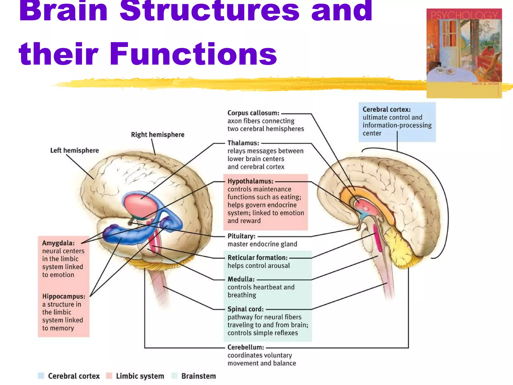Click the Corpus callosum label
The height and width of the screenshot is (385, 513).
(x=253, y=113)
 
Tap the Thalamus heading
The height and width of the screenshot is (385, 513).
(x=243, y=143)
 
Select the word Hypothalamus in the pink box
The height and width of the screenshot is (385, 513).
(x=250, y=181)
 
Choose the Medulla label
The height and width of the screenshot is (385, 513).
(x=241, y=279)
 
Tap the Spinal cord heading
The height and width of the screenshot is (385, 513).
(x=245, y=309)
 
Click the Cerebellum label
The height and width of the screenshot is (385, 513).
(x=246, y=347)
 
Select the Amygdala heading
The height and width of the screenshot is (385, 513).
(x=58, y=243)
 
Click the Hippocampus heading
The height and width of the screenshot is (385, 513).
(x=64, y=296)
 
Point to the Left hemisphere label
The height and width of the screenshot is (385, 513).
(x=74, y=150)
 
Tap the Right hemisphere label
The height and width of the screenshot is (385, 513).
(x=158, y=135)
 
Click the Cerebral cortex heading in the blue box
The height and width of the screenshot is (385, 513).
(x=387, y=110)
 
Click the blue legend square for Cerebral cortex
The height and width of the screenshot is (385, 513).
(x=41, y=375)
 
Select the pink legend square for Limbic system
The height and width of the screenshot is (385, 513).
(x=109, y=375)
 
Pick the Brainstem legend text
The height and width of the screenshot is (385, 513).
(x=198, y=376)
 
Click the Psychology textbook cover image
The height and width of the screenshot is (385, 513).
(x=464, y=53)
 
